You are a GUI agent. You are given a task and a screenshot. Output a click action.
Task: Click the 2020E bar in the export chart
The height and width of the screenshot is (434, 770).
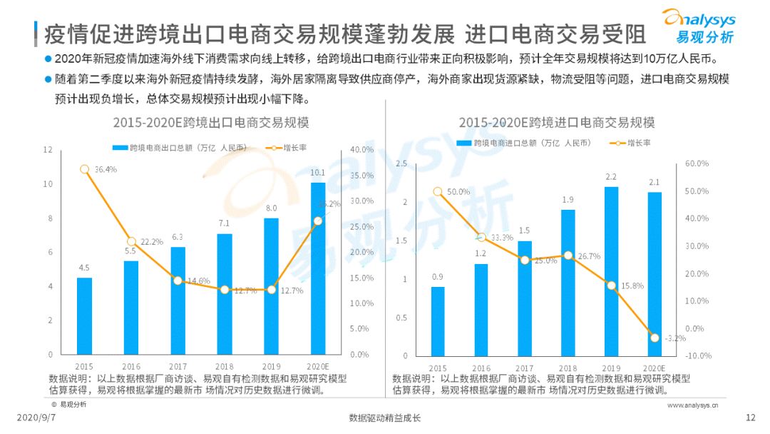click(318, 268)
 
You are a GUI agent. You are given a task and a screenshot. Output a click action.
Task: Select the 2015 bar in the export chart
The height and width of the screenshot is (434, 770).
click(84, 316)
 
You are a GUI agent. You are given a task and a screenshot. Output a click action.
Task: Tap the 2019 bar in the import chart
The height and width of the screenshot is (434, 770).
click(611, 271)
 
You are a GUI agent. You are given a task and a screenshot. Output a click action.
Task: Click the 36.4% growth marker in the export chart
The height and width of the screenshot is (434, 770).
click(84, 169)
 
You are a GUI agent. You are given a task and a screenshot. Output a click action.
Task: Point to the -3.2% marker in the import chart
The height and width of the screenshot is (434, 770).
click(654, 337)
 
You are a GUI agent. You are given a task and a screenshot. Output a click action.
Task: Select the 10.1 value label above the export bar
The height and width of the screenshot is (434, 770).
click(318, 172)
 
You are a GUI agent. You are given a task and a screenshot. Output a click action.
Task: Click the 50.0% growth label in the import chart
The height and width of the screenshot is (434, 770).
click(458, 191)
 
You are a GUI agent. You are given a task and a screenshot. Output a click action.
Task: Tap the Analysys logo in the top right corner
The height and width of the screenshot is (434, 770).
click(698, 26)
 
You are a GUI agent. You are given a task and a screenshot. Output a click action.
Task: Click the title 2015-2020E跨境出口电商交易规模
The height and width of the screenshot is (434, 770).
click(210, 123)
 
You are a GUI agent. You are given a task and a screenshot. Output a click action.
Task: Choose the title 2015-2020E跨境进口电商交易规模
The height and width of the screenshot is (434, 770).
click(556, 123)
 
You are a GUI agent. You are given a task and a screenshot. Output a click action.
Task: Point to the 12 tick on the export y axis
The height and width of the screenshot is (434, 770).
click(48, 149)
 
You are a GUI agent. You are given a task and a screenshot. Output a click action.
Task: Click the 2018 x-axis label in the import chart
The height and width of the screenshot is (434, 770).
click(568, 368)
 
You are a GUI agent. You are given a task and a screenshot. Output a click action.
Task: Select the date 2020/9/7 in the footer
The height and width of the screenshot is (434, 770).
click(34, 418)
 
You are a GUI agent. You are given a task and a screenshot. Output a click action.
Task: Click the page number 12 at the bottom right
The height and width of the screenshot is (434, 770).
click(749, 418)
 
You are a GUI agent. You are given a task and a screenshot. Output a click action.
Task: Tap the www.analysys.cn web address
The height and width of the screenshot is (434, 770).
click(692, 405)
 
